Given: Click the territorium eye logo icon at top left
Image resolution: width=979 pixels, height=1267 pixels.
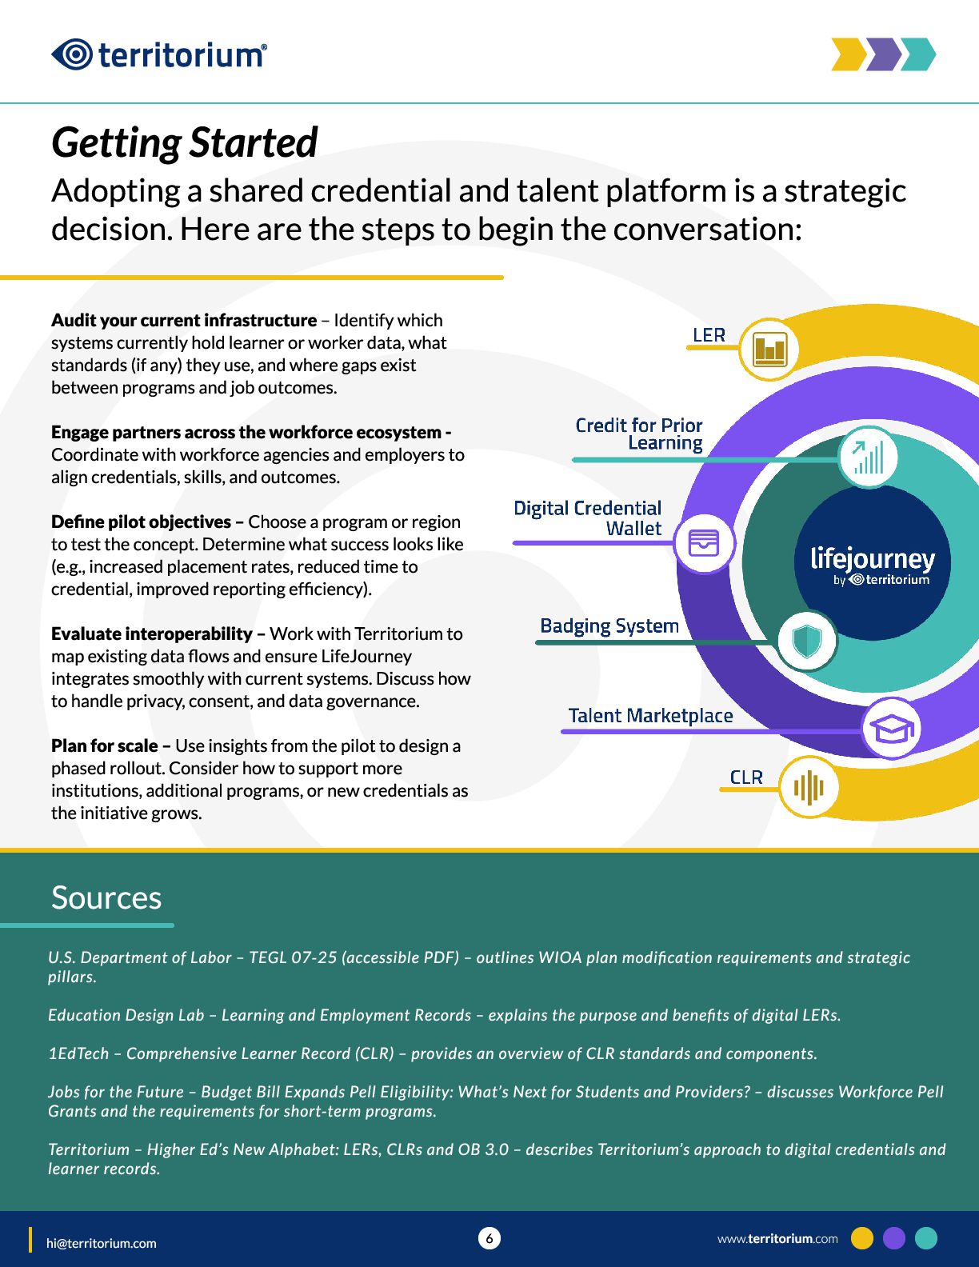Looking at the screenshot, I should pos(73,54).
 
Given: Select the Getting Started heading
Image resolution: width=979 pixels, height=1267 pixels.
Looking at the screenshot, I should pos(185,143).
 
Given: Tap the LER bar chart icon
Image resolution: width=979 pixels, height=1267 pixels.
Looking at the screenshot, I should pos(769,350).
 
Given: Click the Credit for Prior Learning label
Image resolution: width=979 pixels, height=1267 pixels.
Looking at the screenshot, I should pos(639,434).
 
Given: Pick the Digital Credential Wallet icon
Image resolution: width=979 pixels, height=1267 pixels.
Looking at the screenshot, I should pos(703,544).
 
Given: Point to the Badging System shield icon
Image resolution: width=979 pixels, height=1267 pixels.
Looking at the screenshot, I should pos(806,640).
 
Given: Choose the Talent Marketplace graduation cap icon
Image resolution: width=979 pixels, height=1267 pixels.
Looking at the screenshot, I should pos(891,728).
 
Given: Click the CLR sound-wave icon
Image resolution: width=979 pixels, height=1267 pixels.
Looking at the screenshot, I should pos(808,787).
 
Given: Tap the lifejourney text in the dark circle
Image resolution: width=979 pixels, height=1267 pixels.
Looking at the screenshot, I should pos(872,558).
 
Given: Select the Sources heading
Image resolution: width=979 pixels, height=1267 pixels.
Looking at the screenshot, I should pos(106,897).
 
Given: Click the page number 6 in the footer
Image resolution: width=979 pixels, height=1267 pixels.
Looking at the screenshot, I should pos(489,1238).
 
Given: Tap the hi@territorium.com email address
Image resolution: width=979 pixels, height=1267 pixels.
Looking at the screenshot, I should pos(102,1243).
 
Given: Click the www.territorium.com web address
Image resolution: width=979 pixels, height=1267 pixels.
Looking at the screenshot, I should pos(777,1238).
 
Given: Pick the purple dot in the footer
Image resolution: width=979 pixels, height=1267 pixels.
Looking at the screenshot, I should pos(894,1238).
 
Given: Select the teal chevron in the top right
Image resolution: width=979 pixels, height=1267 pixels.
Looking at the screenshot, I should pos(920,54).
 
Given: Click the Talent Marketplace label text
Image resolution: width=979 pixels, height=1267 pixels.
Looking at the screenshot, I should pos(650,715).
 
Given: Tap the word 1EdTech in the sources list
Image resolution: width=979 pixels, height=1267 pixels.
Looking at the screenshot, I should pos(78,1053).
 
